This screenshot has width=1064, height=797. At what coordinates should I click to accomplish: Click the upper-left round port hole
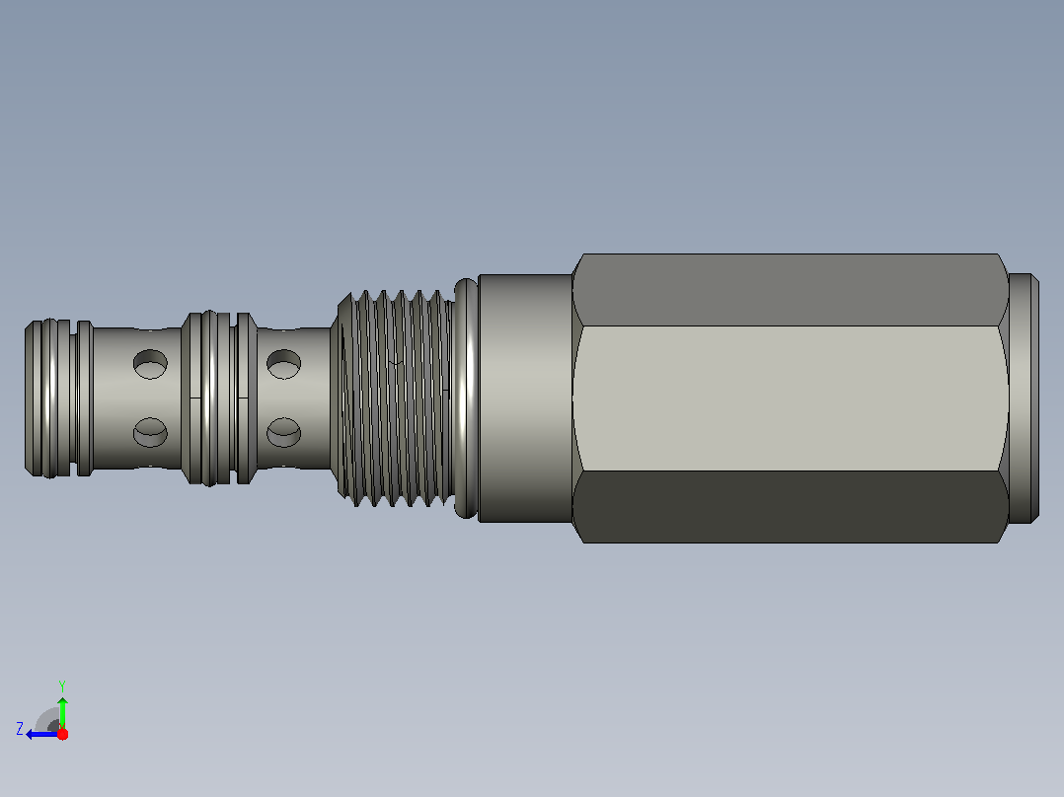(x=150, y=364)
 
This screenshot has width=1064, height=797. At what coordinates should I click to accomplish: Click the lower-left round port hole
(x=150, y=432)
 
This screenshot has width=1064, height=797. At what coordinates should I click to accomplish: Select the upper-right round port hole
(x=283, y=364)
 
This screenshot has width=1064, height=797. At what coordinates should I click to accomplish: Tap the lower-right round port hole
(x=283, y=432)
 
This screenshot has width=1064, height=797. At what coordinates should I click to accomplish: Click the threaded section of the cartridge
(x=396, y=398)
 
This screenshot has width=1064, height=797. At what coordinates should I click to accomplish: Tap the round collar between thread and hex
(x=525, y=398)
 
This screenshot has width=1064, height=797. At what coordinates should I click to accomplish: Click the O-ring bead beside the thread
(x=466, y=398)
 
